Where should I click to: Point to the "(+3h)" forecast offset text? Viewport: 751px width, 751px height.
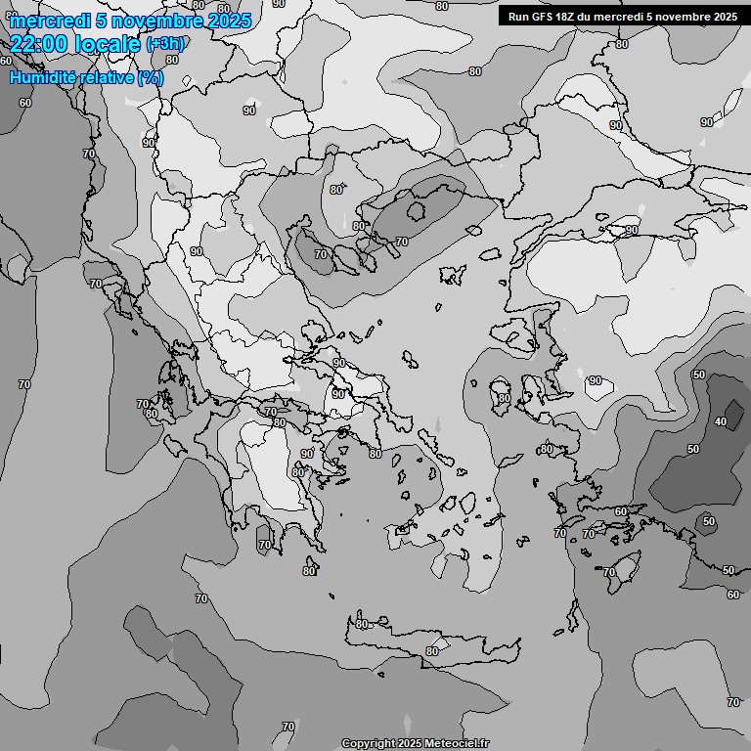tap(163, 44)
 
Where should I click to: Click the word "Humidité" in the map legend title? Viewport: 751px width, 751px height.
tap(41, 77)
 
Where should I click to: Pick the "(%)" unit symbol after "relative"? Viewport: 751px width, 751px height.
tap(151, 77)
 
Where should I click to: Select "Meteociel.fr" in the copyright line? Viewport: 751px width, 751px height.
tap(457, 744)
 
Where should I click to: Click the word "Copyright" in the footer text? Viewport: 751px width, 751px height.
tap(368, 744)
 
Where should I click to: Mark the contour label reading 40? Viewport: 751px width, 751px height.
tap(721, 421)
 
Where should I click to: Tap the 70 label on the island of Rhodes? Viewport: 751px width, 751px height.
tap(608, 572)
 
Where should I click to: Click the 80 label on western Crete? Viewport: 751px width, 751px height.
tap(362, 624)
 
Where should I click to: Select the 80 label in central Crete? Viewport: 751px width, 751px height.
tap(431, 651)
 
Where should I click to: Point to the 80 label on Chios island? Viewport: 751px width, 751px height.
tap(504, 398)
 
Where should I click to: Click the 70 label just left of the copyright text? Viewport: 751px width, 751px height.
tap(287, 727)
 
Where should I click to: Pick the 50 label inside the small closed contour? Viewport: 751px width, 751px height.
tap(709, 522)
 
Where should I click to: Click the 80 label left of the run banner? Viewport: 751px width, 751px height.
tap(475, 71)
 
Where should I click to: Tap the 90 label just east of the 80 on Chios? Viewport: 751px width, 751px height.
tap(595, 380)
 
